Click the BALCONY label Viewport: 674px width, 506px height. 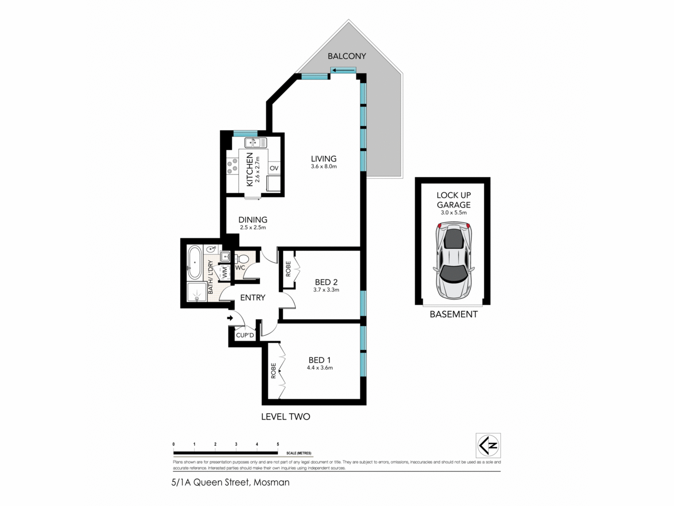pyautogui.click(x=347, y=56)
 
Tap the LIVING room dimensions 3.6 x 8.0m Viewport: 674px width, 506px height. pyautogui.click(x=324, y=166)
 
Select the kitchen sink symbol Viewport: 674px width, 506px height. pyautogui.click(x=255, y=143)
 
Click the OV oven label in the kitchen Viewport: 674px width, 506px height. pyautogui.click(x=274, y=168)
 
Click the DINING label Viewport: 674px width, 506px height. pyautogui.click(x=253, y=220)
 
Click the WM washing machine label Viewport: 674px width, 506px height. pyautogui.click(x=224, y=272)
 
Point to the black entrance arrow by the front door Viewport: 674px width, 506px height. pyautogui.click(x=230, y=318)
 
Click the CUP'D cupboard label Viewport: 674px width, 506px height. pyautogui.click(x=245, y=335)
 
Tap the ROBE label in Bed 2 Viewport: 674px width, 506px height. pyautogui.click(x=288, y=269)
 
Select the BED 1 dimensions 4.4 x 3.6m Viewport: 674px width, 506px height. pyautogui.click(x=319, y=368)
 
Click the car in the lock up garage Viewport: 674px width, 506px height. pyautogui.click(x=454, y=260)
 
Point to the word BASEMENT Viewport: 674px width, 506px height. pyautogui.click(x=454, y=314)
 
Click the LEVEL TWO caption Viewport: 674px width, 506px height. pyautogui.click(x=285, y=417)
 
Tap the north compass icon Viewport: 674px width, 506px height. pyautogui.click(x=488, y=445)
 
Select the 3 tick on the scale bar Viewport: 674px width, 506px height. pyautogui.click(x=236, y=445)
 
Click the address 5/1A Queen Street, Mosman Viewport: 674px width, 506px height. pyautogui.click(x=231, y=482)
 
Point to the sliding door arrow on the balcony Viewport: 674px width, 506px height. pyautogui.click(x=343, y=71)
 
